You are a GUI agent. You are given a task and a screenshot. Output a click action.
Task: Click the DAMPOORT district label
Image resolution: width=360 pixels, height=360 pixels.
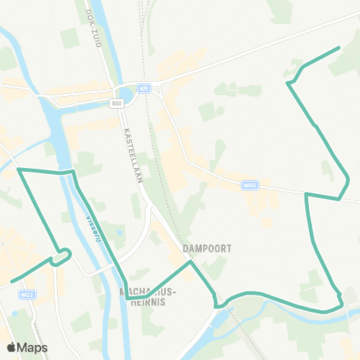pyautogui.click(x=205, y=247)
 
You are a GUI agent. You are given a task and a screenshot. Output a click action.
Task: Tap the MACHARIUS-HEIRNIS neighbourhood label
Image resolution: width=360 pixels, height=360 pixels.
pyautogui.click(x=148, y=297)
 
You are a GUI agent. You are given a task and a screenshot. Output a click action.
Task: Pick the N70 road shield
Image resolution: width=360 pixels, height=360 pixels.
pyautogui.click(x=144, y=88)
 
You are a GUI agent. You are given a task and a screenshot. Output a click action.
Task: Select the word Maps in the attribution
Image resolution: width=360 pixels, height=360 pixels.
pyautogui.click(x=34, y=347)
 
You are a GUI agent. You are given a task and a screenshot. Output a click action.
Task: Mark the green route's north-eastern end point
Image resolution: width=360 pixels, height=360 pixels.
pyautogui.click(x=339, y=48)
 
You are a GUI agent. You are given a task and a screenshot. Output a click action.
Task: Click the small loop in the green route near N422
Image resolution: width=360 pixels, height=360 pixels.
pyautogui.click(x=63, y=255)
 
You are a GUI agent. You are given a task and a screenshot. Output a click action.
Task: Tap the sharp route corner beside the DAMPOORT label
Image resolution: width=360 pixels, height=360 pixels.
pyautogui.click(x=190, y=262)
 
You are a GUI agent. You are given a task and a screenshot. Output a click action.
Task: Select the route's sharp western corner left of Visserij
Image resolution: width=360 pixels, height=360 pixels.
pyautogui.click(x=19, y=170)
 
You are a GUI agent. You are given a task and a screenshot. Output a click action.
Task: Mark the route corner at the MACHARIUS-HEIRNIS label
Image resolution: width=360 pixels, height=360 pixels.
pyautogui.click(x=127, y=298)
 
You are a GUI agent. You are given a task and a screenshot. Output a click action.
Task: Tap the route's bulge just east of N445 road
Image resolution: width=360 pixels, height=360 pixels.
pyautogui.click(x=347, y=181)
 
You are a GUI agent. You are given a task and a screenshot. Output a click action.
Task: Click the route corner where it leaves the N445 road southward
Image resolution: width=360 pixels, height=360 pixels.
pyautogui.click(x=306, y=194)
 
